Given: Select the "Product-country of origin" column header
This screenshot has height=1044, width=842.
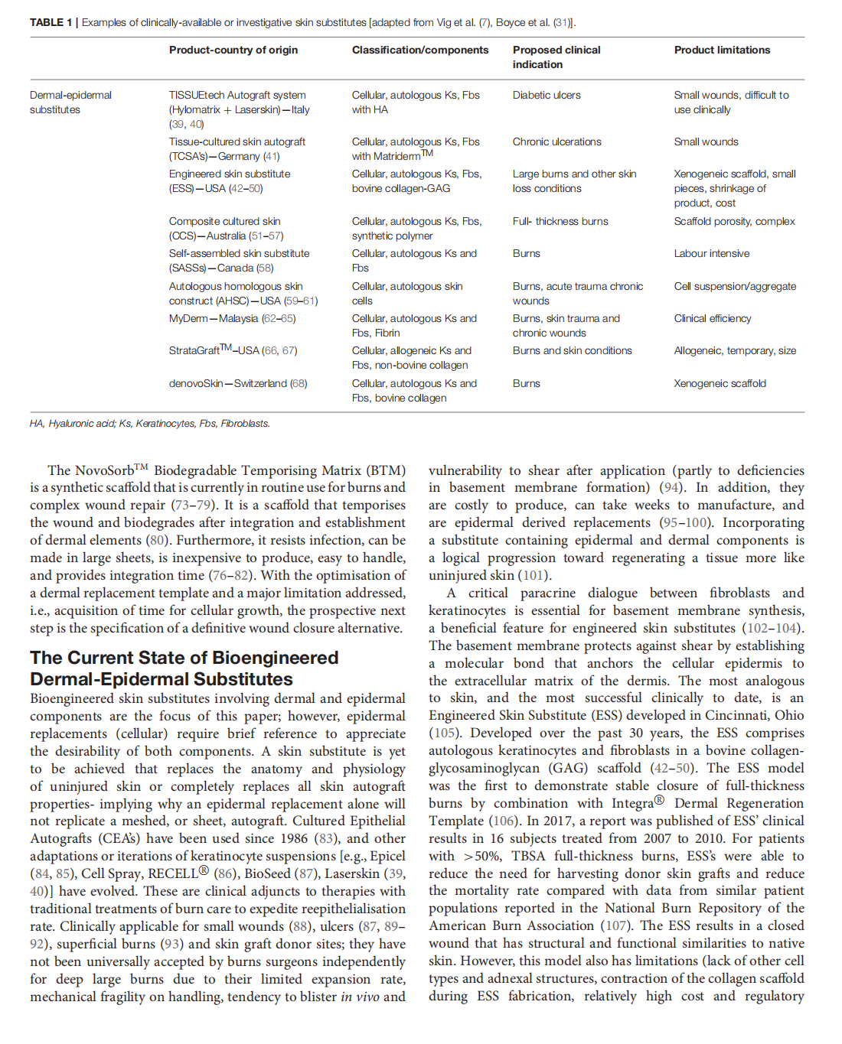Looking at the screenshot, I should click(233, 50).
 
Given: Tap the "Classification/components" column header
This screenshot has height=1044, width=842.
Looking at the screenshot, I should click(419, 50).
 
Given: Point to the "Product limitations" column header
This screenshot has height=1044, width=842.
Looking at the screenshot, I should click(722, 50).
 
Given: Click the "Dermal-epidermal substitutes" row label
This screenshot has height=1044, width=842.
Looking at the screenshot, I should click(70, 102).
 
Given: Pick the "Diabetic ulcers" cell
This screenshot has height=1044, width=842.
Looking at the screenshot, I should click(547, 95).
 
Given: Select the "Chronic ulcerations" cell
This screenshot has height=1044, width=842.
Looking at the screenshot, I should click(556, 141).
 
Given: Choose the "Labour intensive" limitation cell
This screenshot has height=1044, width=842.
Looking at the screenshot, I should click(711, 253).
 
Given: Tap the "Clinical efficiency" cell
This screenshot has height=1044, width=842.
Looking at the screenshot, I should click(712, 318).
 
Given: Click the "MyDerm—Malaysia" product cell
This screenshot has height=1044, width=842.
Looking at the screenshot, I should click(232, 318).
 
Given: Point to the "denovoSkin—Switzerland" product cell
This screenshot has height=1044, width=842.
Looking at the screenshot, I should click(237, 383).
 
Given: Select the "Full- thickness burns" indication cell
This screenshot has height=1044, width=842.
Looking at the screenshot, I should click(560, 221).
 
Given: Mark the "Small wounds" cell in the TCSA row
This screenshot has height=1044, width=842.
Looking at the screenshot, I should click(706, 141).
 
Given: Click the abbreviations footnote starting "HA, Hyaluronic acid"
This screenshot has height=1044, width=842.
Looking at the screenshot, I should click(149, 423).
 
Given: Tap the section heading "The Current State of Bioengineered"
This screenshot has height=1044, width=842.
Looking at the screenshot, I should click(184, 658).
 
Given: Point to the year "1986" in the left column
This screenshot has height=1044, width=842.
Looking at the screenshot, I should click(293, 838).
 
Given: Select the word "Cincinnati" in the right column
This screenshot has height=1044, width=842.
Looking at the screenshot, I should click(729, 715).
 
